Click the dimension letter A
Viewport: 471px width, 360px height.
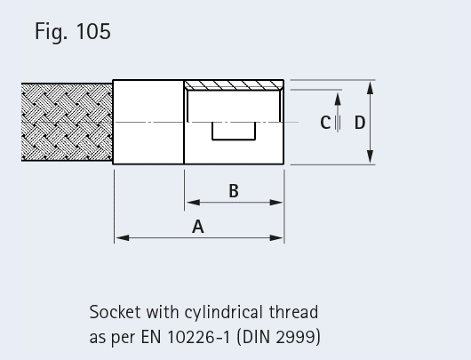(x=198, y=227)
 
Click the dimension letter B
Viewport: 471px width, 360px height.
(x=234, y=191)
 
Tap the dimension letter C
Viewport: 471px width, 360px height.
(x=325, y=123)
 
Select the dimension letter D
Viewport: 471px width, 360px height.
(x=360, y=123)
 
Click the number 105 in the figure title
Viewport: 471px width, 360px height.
(x=93, y=31)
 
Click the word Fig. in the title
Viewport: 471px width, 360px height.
(x=52, y=32)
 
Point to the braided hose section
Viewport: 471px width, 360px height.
(x=67, y=123)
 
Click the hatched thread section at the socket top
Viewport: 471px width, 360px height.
(x=234, y=85)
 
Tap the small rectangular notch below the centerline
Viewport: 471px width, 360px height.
(x=234, y=131)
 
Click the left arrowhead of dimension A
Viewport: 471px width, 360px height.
(x=123, y=238)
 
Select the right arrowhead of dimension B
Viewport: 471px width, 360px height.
(x=276, y=203)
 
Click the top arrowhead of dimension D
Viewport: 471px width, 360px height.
(x=371, y=88)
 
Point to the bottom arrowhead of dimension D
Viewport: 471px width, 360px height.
(x=371, y=156)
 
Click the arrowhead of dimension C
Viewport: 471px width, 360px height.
(x=338, y=100)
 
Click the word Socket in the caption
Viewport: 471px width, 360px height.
(x=115, y=312)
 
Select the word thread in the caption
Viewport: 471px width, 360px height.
(x=293, y=312)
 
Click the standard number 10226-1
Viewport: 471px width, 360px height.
(x=198, y=337)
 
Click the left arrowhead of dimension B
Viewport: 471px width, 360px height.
(x=193, y=203)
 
